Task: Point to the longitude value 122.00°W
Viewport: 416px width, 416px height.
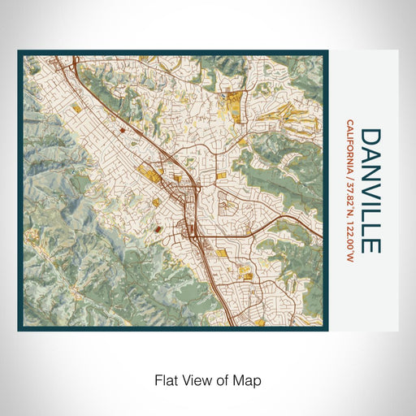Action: coord(349,238)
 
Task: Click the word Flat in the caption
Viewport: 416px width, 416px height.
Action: coord(166,379)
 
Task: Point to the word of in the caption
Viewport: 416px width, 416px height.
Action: coord(225,379)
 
